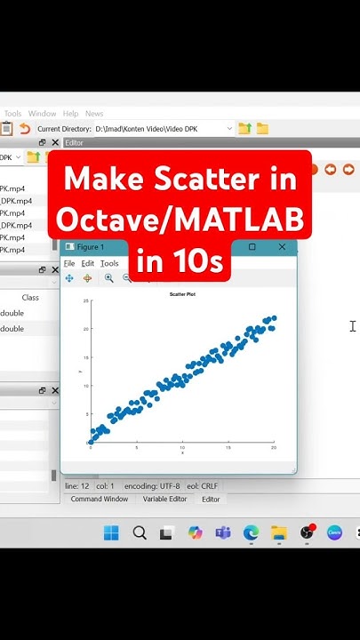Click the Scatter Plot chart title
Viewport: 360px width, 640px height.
pos(181,293)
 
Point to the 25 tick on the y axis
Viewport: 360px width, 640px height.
pos(85,301)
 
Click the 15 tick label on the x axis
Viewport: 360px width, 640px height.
pos(228,447)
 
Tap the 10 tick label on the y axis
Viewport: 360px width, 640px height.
pos(85,386)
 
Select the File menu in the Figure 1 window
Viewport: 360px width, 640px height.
pos(69,264)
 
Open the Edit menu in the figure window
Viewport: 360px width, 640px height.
pos(87,264)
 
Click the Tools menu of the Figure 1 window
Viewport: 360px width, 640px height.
pos(109,264)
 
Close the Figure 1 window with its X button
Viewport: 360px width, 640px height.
pos(282,247)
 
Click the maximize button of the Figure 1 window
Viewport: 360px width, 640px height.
pos(252,247)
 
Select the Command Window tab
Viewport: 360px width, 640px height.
pos(100,500)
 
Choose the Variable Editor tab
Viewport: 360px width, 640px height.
pos(164,500)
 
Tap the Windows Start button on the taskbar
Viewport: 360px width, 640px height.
pos(111,533)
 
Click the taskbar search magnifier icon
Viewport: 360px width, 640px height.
pos(140,533)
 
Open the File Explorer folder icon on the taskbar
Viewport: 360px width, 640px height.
pos(279,533)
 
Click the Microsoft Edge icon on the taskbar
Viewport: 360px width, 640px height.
pos(252,533)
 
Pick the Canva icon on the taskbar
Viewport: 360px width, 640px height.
pos(334,533)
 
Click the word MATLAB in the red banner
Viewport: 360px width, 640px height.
pos(253,220)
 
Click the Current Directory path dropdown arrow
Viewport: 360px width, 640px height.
pos(229,129)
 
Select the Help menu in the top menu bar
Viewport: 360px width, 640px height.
pos(70,114)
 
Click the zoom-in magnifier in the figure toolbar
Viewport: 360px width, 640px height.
pos(108,278)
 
